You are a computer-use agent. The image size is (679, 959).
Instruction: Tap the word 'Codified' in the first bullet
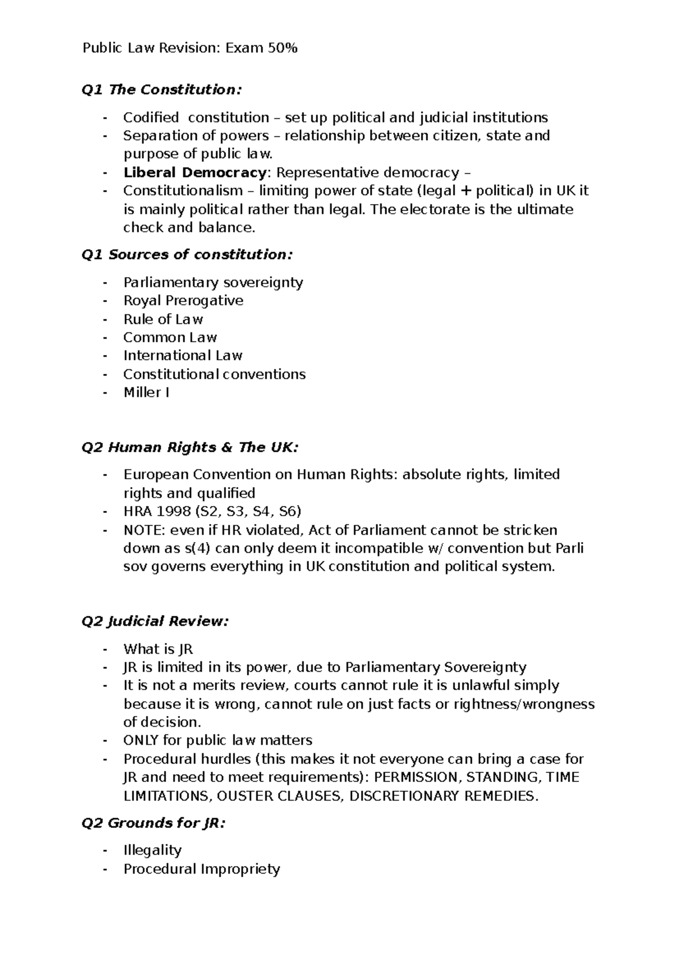(151, 118)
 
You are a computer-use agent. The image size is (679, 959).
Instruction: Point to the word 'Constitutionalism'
(183, 191)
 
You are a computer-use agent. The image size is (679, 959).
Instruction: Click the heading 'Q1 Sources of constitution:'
(187, 255)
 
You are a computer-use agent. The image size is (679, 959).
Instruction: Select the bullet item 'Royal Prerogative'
(183, 301)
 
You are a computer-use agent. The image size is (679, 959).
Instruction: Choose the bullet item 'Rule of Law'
(163, 319)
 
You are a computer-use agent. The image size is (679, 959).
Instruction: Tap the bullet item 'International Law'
(183, 356)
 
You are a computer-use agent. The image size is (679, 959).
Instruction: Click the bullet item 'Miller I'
(146, 392)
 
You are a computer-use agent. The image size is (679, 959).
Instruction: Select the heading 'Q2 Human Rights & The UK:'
(190, 448)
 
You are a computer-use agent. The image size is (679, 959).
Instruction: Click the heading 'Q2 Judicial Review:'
(155, 621)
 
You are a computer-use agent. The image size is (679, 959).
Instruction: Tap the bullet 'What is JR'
(158, 649)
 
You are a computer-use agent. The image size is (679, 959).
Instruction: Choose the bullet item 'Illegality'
(152, 850)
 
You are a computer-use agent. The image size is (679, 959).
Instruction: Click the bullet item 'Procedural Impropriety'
(201, 869)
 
